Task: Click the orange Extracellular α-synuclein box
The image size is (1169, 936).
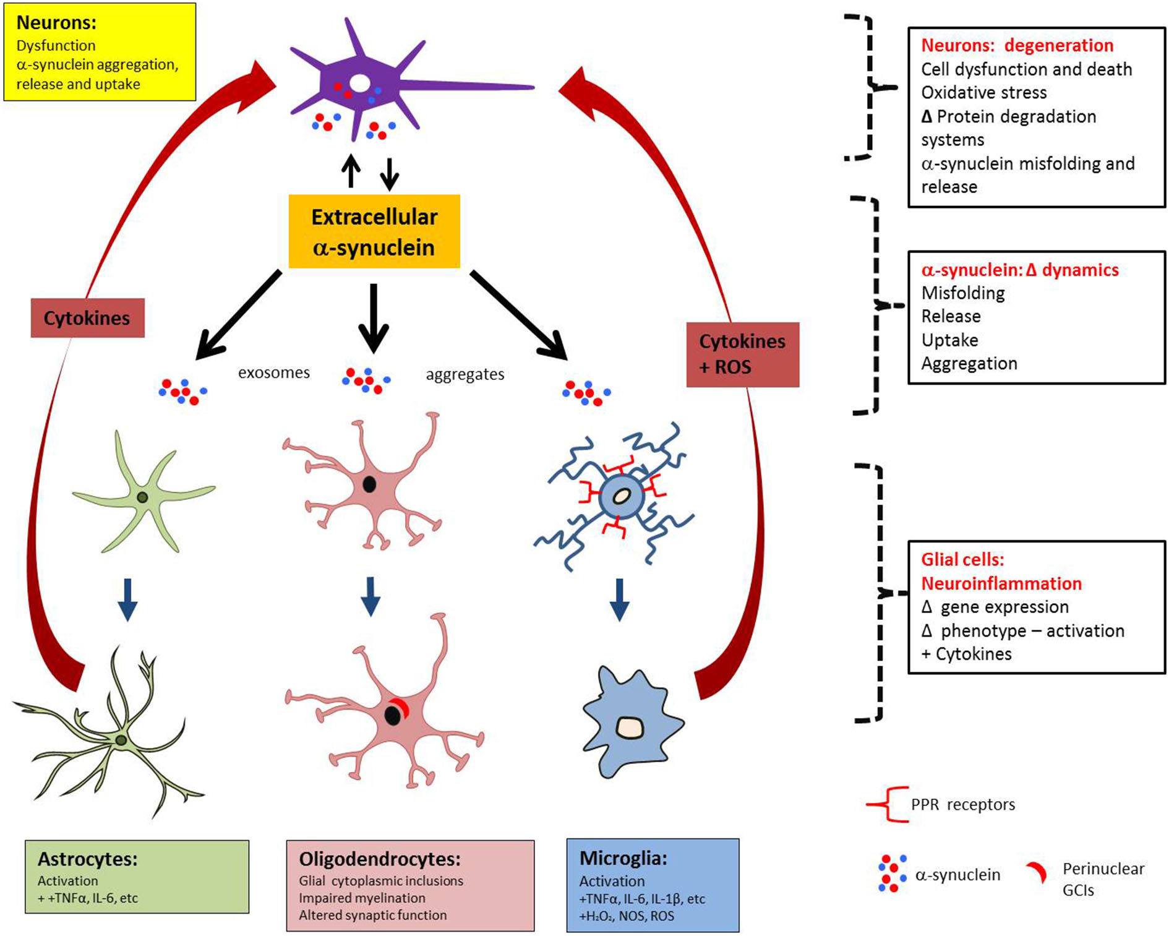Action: (374, 231)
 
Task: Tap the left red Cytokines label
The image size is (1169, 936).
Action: (87, 318)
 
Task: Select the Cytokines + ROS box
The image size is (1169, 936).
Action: (742, 354)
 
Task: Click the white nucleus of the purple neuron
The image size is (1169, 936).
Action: (360, 83)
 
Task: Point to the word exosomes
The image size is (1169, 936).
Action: (274, 372)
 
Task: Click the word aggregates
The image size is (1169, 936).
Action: (465, 374)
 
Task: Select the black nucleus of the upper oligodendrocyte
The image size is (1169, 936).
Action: (369, 484)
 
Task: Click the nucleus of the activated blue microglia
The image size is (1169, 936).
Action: (630, 728)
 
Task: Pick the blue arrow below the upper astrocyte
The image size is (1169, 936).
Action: (127, 599)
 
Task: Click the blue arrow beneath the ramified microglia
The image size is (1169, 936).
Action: (619, 599)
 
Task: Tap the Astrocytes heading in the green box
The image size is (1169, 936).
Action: (87, 859)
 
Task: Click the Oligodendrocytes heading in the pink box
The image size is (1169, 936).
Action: (380, 859)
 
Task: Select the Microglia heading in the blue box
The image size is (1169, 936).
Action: (623, 858)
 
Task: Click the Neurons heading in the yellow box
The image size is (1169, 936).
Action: (56, 22)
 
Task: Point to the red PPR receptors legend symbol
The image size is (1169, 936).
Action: (888, 804)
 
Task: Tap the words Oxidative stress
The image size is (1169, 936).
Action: (984, 93)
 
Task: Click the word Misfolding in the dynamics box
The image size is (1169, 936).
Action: (963, 293)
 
